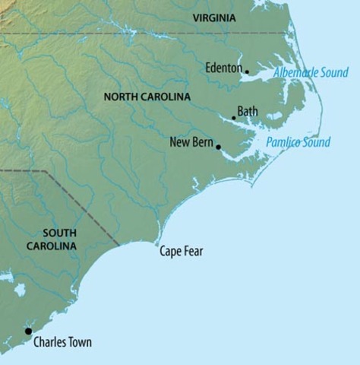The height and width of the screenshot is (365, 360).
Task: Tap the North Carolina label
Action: pos(147,97)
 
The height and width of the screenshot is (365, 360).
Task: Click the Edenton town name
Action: pos(223,68)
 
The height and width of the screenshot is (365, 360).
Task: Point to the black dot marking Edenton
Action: pos(247,72)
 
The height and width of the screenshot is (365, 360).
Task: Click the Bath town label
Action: pos(248,112)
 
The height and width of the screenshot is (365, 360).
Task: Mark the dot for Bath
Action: pos(234,118)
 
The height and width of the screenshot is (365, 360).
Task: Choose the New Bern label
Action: pos(191,141)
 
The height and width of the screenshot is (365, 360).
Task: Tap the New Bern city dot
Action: pos(218,147)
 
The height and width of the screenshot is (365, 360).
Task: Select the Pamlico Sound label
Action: pos(298,142)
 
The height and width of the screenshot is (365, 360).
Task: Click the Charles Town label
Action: pos(62,342)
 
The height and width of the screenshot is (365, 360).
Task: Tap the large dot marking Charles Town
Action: pos(29,331)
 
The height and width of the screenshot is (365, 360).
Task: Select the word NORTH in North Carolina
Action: pos(120,97)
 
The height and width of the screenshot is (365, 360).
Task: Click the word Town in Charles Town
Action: pos(79,342)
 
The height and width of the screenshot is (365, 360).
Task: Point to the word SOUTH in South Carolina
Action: pos(59,233)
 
